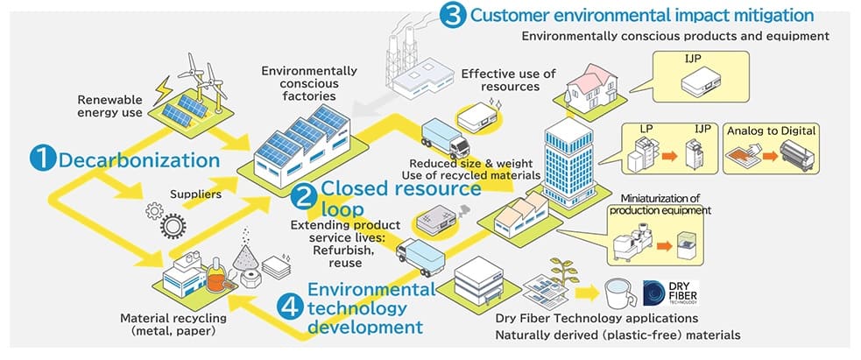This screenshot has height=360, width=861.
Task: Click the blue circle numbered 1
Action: [x=42, y=159]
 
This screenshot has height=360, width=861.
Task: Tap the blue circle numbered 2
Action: [x=304, y=197]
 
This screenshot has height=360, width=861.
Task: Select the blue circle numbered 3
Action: [x=452, y=16]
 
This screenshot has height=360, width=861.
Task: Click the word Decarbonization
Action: [x=138, y=159]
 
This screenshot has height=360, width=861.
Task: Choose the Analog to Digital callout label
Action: [x=772, y=131]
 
